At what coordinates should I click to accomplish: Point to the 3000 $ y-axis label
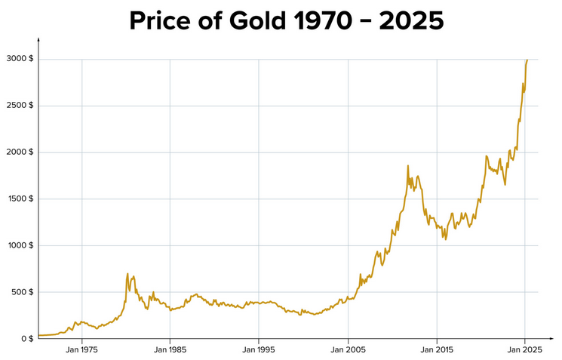point(18,59)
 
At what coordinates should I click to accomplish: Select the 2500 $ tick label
point(18,106)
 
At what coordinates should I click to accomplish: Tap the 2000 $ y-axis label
point(18,152)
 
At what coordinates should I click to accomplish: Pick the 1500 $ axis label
point(18,198)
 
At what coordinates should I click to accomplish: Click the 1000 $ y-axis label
point(18,245)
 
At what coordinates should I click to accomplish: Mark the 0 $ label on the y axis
point(26,339)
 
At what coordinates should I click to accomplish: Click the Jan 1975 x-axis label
point(81,350)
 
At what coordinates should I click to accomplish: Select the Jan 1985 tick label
point(170,350)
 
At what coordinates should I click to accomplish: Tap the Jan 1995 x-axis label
point(260,350)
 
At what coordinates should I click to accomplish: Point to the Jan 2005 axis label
point(348,350)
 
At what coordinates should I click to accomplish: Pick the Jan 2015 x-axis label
point(437,350)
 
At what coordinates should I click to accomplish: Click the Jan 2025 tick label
point(526,350)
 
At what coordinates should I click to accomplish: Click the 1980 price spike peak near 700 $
point(127,273)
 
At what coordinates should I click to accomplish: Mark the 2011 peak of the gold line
point(408,166)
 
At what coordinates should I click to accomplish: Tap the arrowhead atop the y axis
point(38,40)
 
